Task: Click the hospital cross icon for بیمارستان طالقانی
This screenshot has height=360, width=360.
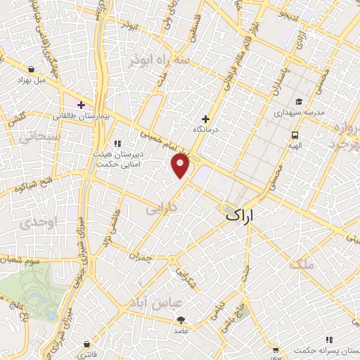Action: pyautogui.click(x=82, y=105)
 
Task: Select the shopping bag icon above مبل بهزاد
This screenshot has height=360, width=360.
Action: pyautogui.click(x=32, y=70)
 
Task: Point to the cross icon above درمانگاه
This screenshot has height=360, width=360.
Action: pyautogui.click(x=205, y=119)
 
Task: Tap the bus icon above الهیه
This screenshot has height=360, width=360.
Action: pyautogui.click(x=294, y=135)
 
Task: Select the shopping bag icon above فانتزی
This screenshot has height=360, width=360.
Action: pyautogui.click(x=86, y=344)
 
